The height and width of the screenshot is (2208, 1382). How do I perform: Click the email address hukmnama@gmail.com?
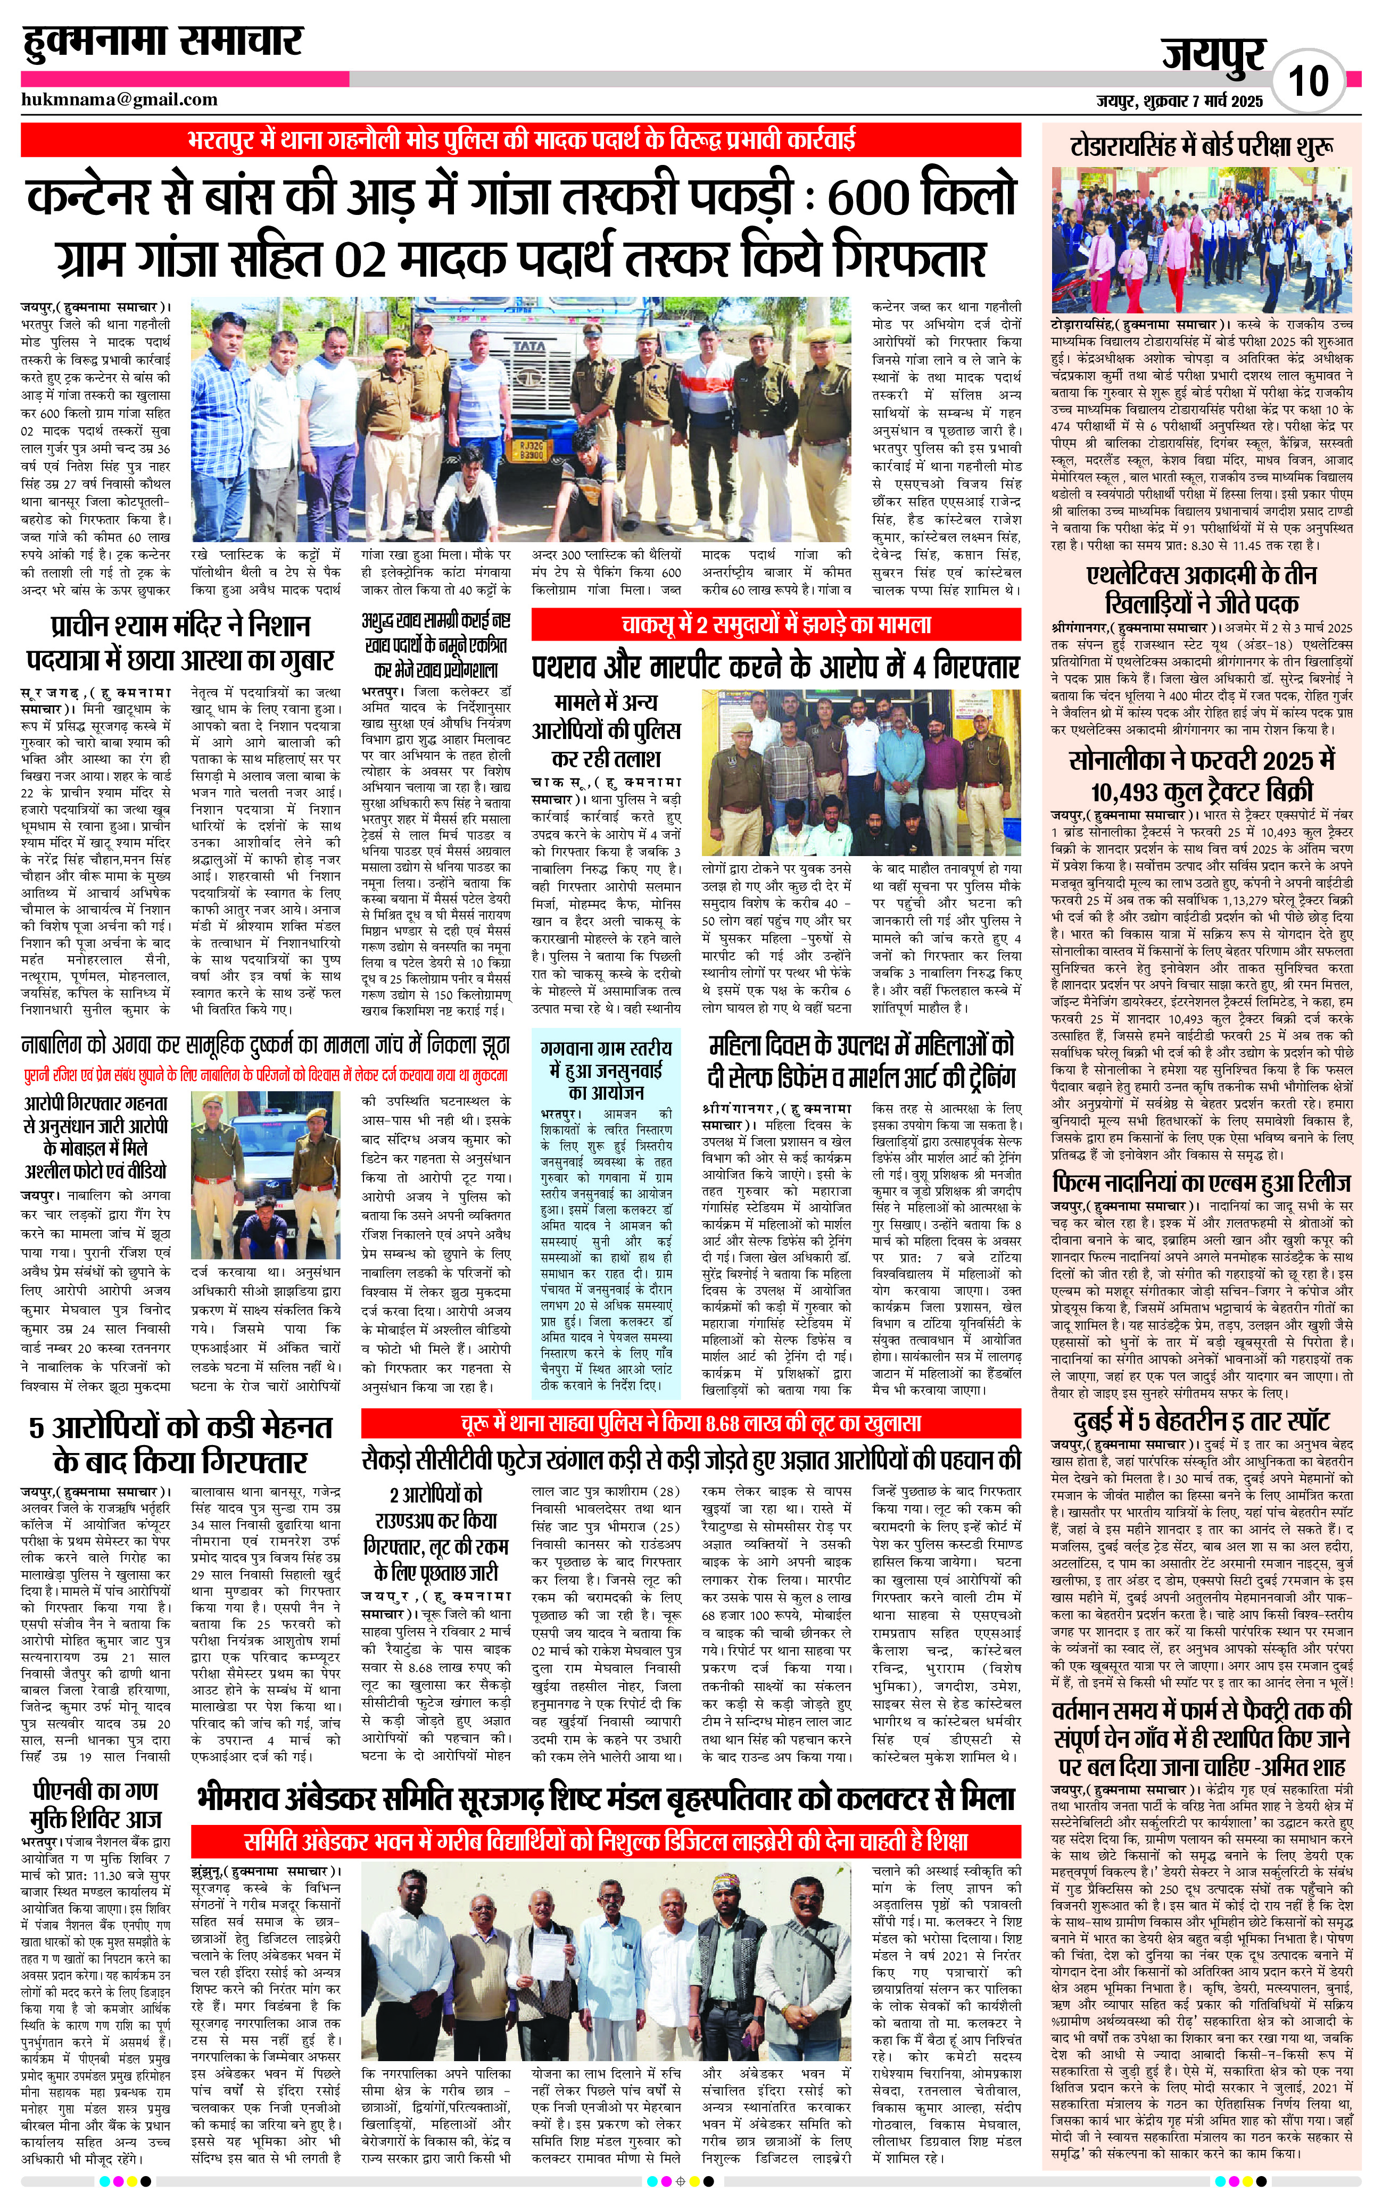coord(120,99)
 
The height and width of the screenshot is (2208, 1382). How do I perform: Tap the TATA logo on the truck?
coord(526,348)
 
